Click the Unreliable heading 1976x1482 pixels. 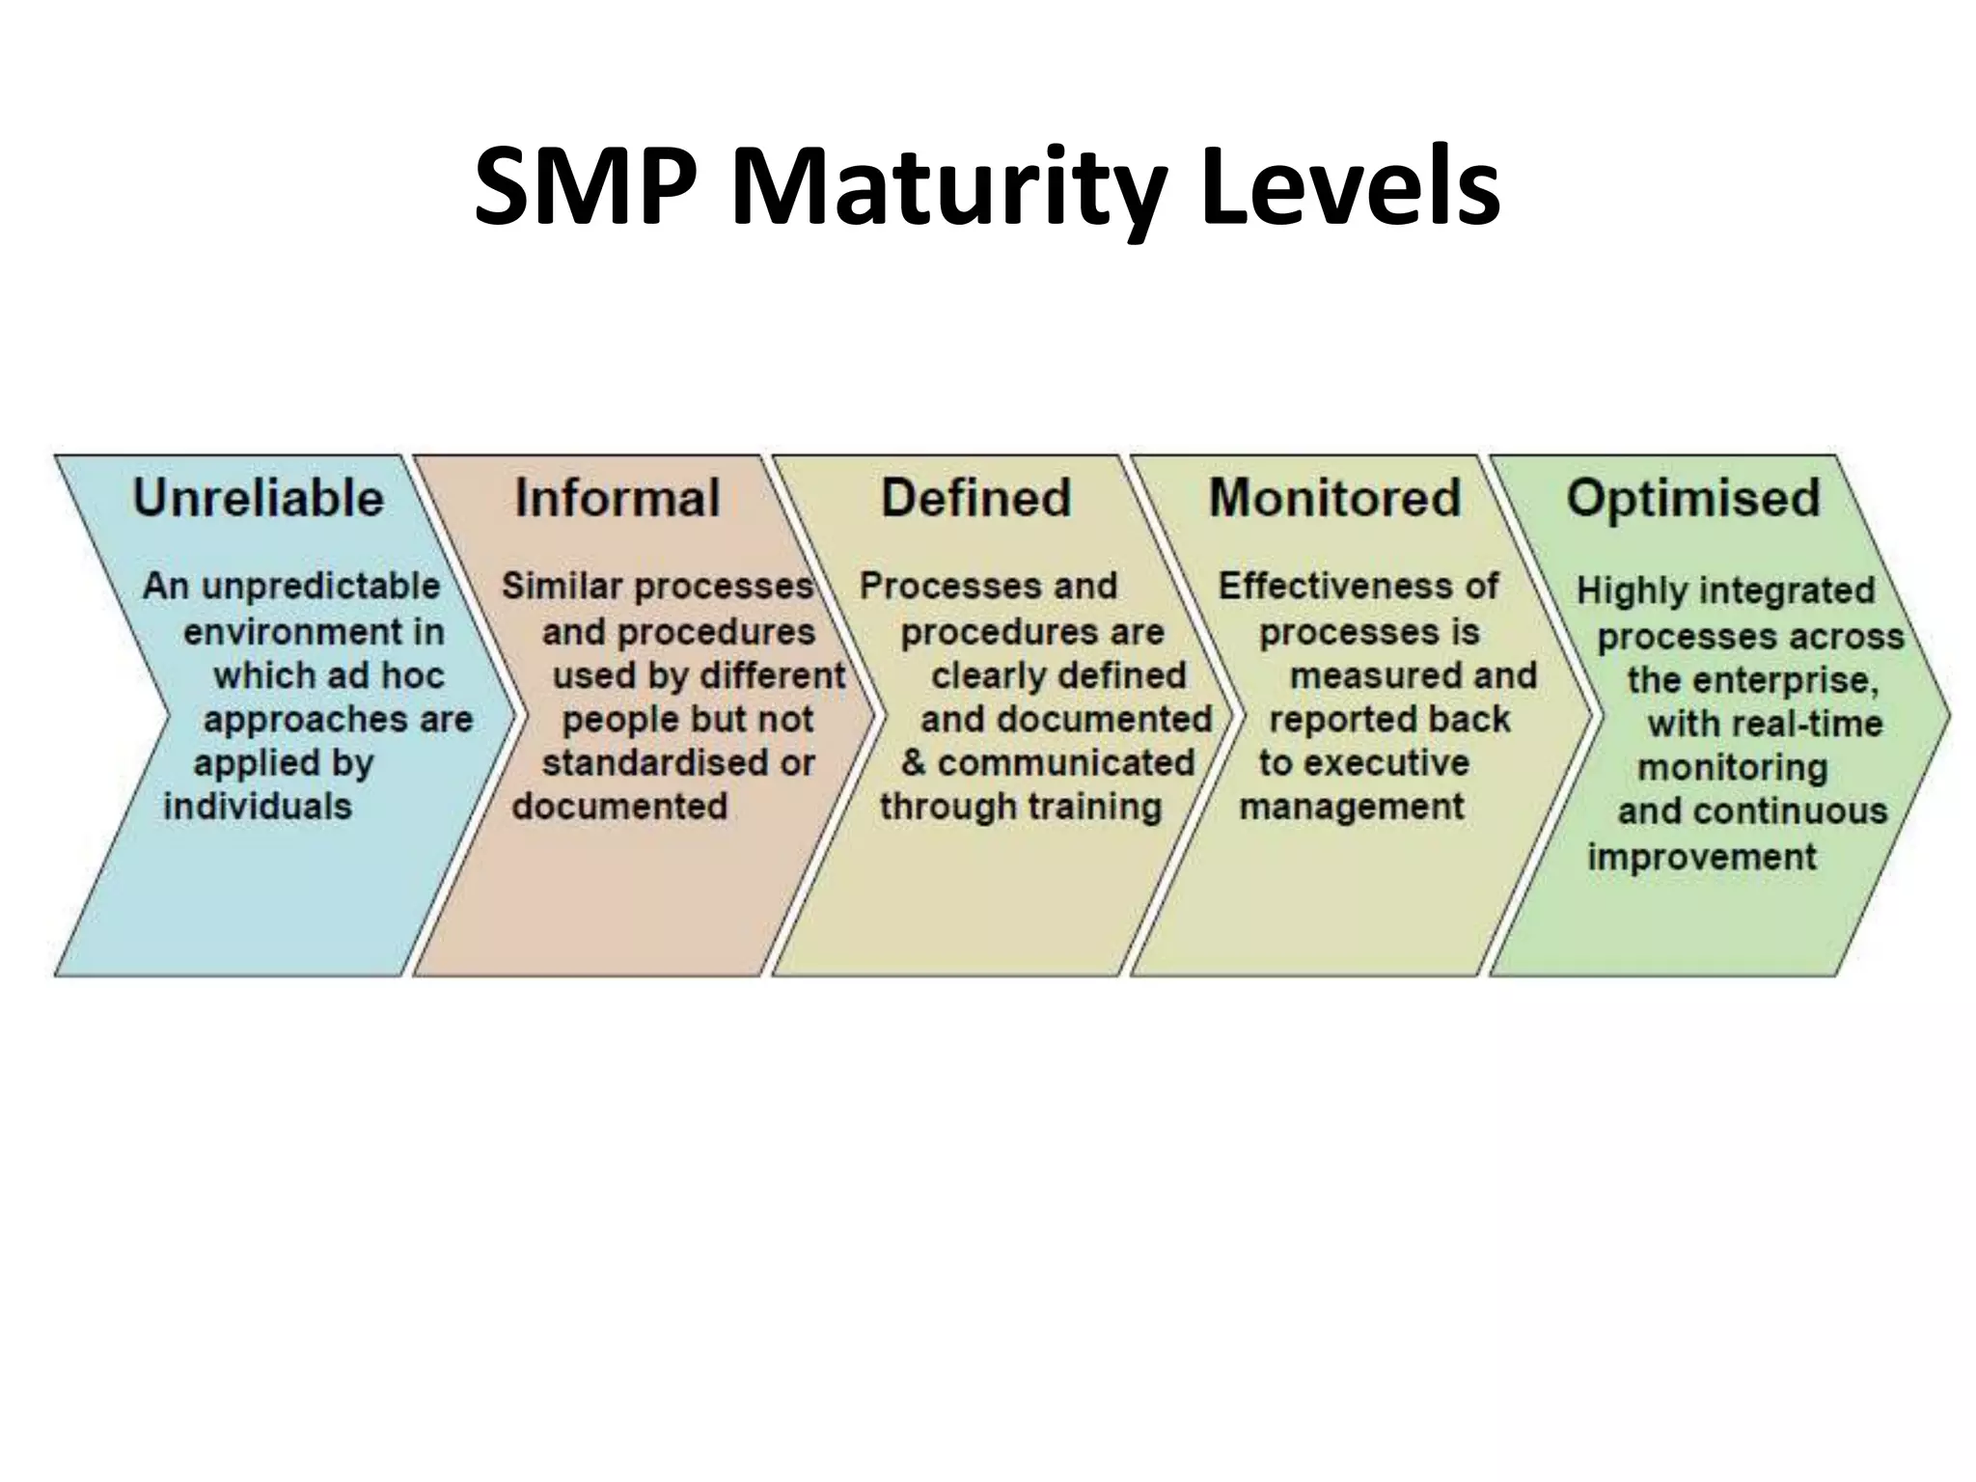259,498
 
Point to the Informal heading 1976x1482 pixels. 617,498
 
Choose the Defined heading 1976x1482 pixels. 975,498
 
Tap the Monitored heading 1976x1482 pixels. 1335,498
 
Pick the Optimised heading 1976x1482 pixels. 1693,498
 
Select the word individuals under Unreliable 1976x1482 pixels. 258,806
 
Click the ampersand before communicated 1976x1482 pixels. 913,762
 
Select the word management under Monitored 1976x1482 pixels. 1352,806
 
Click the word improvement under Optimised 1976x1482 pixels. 1702,857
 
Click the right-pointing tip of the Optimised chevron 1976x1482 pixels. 1946,716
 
